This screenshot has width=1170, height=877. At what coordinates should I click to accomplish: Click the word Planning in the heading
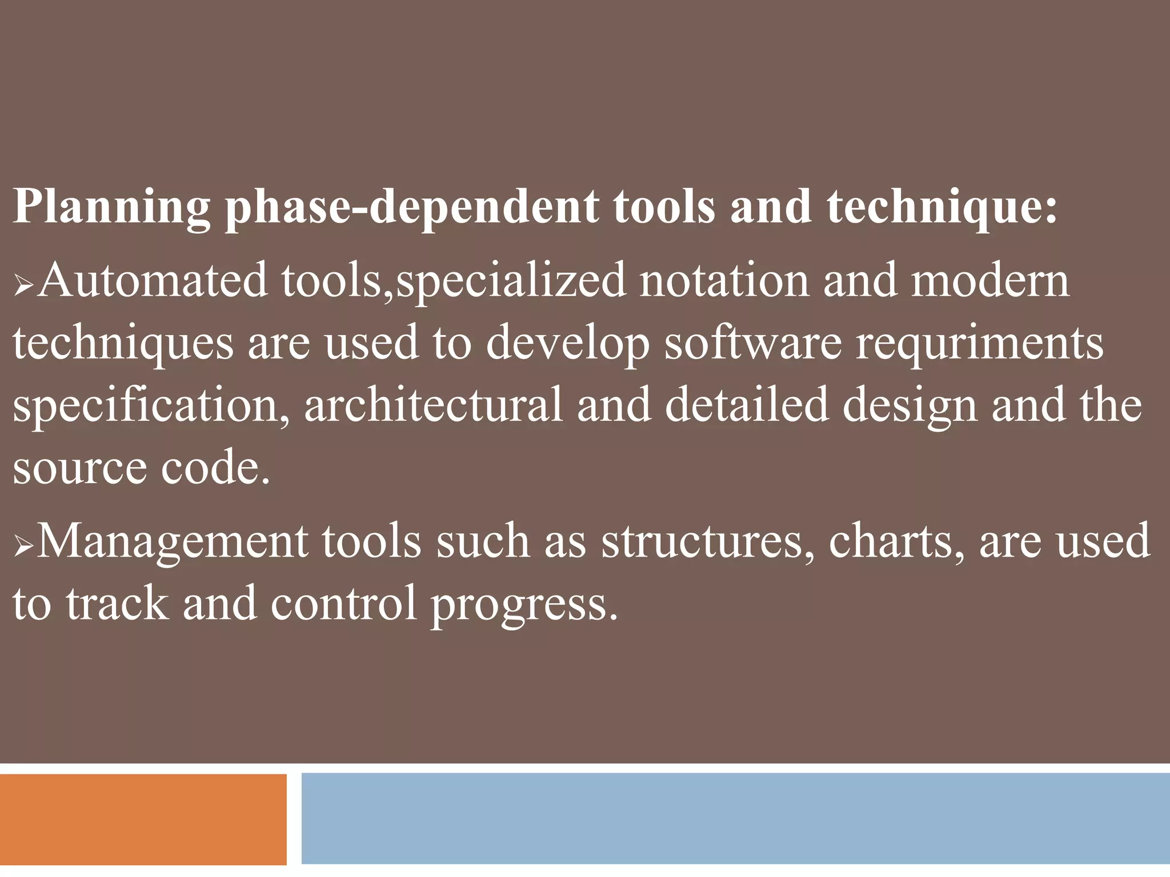112,207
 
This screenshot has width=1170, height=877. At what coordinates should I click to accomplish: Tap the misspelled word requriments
979,344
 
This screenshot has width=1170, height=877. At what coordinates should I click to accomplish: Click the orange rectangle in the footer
143,819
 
